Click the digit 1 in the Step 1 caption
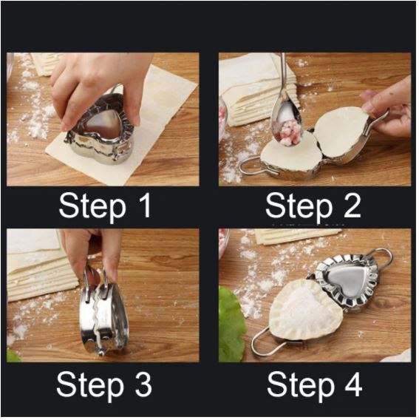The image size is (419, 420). click(145, 206)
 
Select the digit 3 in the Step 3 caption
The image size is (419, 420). click(143, 385)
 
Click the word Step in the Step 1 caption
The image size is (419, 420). click(92, 208)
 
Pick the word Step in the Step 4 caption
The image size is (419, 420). click(301, 387)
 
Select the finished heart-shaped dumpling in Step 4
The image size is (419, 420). click(305, 310)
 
